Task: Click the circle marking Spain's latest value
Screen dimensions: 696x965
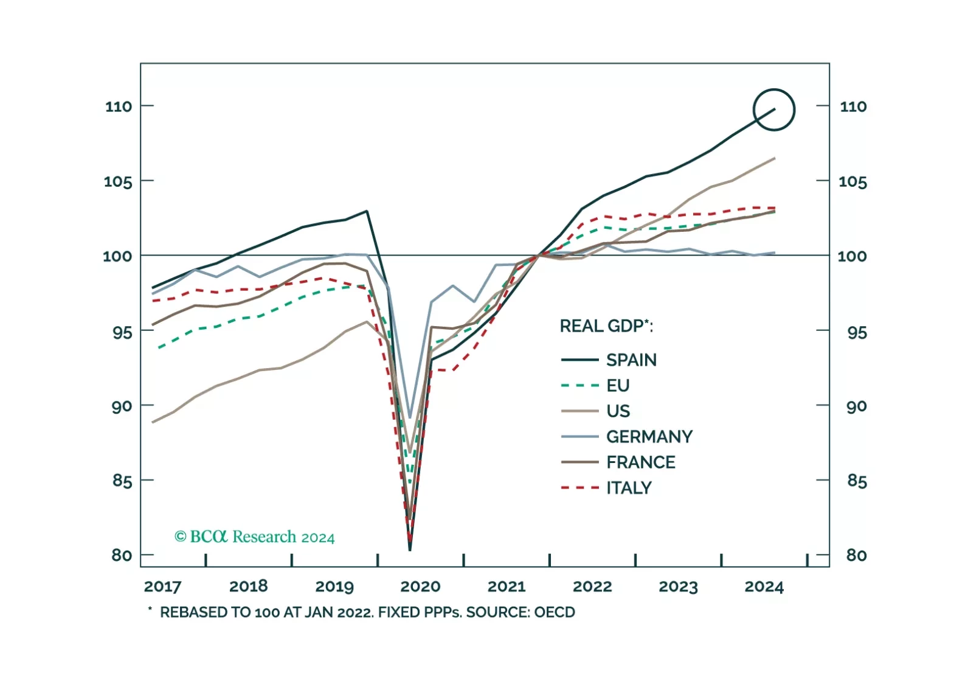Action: pos(773,110)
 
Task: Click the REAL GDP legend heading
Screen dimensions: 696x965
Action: pos(606,326)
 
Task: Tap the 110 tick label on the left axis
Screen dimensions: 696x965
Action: pos(119,106)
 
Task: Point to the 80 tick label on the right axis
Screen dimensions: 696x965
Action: pos(856,555)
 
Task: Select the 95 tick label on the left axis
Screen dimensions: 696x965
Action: pos(122,332)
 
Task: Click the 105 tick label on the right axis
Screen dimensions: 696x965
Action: pos(853,181)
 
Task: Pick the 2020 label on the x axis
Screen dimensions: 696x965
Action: pos(420,586)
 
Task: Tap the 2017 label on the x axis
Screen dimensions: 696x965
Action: pos(162,586)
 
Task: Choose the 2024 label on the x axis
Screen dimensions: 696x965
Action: pos(764,586)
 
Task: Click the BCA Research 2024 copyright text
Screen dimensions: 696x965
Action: pos(254,537)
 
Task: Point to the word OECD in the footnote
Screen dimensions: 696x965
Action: pos(555,612)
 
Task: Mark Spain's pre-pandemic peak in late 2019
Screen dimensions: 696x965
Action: pos(367,211)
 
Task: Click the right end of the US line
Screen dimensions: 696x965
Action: pos(774,158)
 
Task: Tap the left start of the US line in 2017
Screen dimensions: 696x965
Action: pos(153,422)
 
